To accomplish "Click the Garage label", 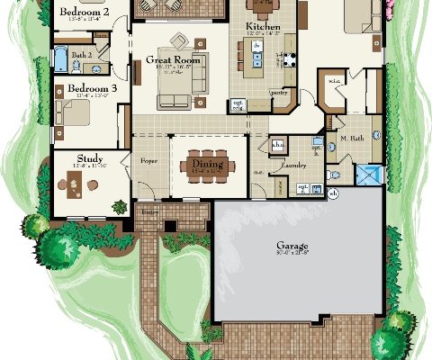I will pyautogui.click(x=292, y=245).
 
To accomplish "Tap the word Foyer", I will pyautogui.click(x=148, y=162).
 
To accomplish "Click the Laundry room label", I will pyautogui.click(x=293, y=166).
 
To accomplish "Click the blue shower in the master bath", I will pyautogui.click(x=368, y=174).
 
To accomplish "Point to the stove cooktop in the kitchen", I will pyautogui.click(x=291, y=61).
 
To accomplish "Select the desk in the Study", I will pyautogui.click(x=76, y=184).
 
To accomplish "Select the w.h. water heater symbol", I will pyautogui.click(x=334, y=193).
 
